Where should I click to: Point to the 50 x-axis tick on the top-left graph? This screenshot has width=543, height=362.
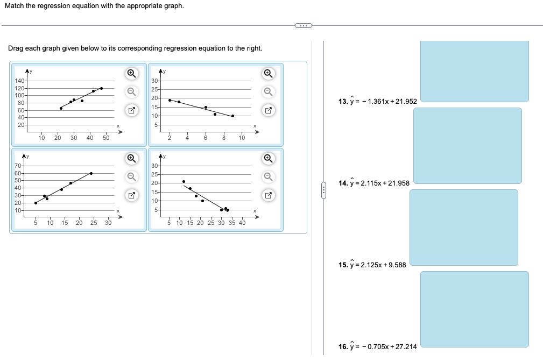[x=106, y=138]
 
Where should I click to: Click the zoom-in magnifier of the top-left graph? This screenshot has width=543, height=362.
[x=131, y=73]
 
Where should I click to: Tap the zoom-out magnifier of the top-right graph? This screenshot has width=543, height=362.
[x=268, y=91]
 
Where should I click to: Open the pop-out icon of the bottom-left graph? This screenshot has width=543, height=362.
[x=131, y=195]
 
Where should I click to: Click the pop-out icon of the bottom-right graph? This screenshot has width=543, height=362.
[x=268, y=195]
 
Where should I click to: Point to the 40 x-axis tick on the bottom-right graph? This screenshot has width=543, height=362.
[x=242, y=223]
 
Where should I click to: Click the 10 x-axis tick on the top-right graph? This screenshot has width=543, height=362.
[x=242, y=138]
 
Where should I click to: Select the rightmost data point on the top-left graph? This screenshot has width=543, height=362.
[x=101, y=88]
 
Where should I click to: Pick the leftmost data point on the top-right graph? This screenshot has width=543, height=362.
[x=170, y=100]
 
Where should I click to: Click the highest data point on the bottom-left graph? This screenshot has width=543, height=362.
[x=91, y=173]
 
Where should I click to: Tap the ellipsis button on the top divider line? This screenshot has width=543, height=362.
[x=304, y=25]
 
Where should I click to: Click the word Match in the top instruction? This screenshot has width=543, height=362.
[x=23, y=6]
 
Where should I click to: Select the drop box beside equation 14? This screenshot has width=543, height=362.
[x=467, y=145]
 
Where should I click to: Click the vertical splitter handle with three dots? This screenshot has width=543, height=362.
[x=323, y=190]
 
